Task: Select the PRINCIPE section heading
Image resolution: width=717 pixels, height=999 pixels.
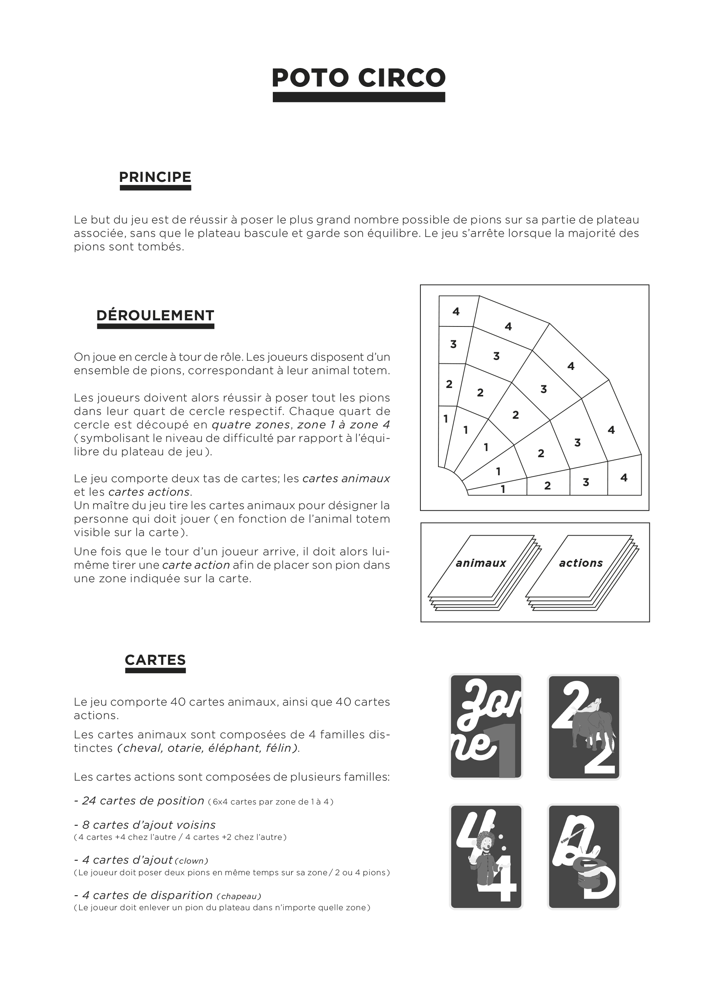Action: pyautogui.click(x=155, y=177)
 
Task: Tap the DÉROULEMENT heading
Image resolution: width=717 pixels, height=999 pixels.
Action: pyautogui.click(x=155, y=315)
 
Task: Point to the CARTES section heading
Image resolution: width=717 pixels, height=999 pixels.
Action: pyautogui.click(x=155, y=660)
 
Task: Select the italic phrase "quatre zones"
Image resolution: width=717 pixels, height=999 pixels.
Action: pyautogui.click(x=251, y=425)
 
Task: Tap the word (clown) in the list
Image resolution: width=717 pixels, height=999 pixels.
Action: pyautogui.click(x=191, y=861)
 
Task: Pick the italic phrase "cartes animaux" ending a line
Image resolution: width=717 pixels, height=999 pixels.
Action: pyautogui.click(x=346, y=478)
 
